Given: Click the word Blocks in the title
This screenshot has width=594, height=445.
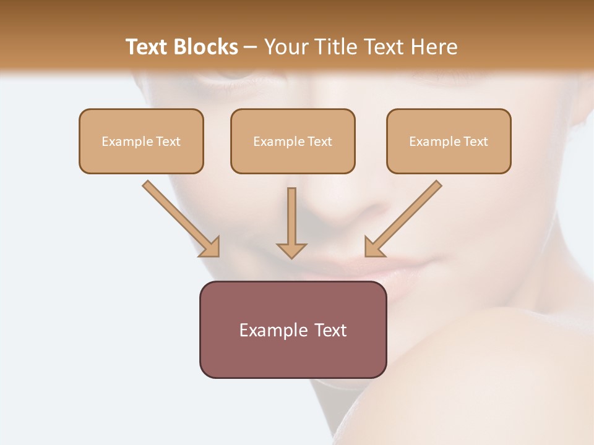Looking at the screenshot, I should click(205, 47).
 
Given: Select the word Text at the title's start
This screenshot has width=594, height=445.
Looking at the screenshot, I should click(147, 47).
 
